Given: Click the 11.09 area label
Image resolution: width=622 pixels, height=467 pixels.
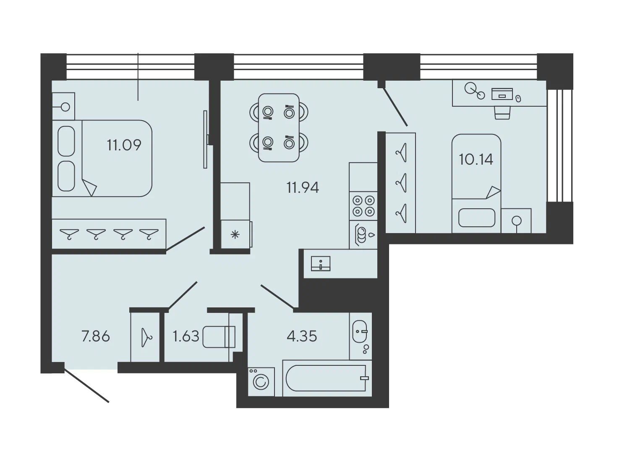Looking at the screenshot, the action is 124,145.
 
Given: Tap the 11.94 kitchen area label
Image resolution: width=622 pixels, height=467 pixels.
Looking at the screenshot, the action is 303,188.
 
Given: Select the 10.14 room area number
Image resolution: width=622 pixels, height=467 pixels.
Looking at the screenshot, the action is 476,159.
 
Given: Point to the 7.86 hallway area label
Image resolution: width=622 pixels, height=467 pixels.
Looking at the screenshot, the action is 96,336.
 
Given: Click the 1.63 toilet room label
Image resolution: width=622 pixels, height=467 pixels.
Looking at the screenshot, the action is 186,336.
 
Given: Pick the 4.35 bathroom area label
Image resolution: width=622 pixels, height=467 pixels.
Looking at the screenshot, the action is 302,336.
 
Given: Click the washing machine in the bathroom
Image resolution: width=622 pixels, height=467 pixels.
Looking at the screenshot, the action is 261,382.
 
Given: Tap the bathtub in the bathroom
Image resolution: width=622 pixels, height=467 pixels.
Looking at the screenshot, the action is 327,378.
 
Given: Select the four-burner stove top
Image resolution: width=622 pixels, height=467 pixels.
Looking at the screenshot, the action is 363,206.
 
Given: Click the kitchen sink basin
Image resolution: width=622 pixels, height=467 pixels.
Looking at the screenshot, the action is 321,264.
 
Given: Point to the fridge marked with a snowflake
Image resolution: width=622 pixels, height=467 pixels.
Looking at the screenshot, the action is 235,235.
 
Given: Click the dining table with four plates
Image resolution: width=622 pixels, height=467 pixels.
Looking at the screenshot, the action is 279,128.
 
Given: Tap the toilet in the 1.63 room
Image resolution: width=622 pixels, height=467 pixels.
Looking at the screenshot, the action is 219,337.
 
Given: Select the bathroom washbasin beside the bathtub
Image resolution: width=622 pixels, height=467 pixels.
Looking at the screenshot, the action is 360,331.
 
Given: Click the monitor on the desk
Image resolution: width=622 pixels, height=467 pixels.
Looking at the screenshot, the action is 502,94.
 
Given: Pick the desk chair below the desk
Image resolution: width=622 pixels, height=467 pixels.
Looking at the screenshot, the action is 502,113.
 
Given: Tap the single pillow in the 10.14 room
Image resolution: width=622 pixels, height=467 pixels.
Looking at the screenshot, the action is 477,218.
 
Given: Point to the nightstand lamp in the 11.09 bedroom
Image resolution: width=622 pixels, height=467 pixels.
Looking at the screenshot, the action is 65,107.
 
